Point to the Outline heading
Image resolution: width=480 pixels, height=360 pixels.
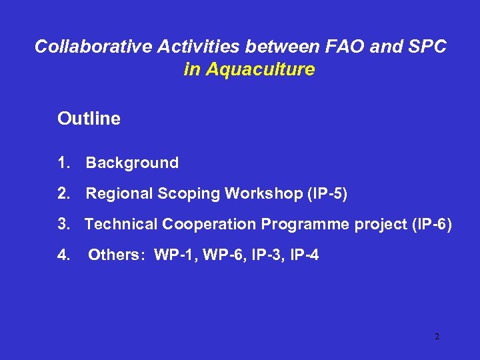pyautogui.click(x=89, y=119)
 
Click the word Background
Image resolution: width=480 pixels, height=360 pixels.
pyautogui.click(x=132, y=163)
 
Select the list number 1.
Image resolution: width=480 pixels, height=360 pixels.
pyautogui.click(x=63, y=163)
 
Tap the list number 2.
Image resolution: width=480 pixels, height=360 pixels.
pyautogui.click(x=63, y=193)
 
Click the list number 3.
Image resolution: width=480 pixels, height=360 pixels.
pyautogui.click(x=63, y=224)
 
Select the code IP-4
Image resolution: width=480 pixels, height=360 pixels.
pyautogui.click(x=302, y=255)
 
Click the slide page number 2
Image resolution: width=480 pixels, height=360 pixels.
pyautogui.click(x=437, y=337)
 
